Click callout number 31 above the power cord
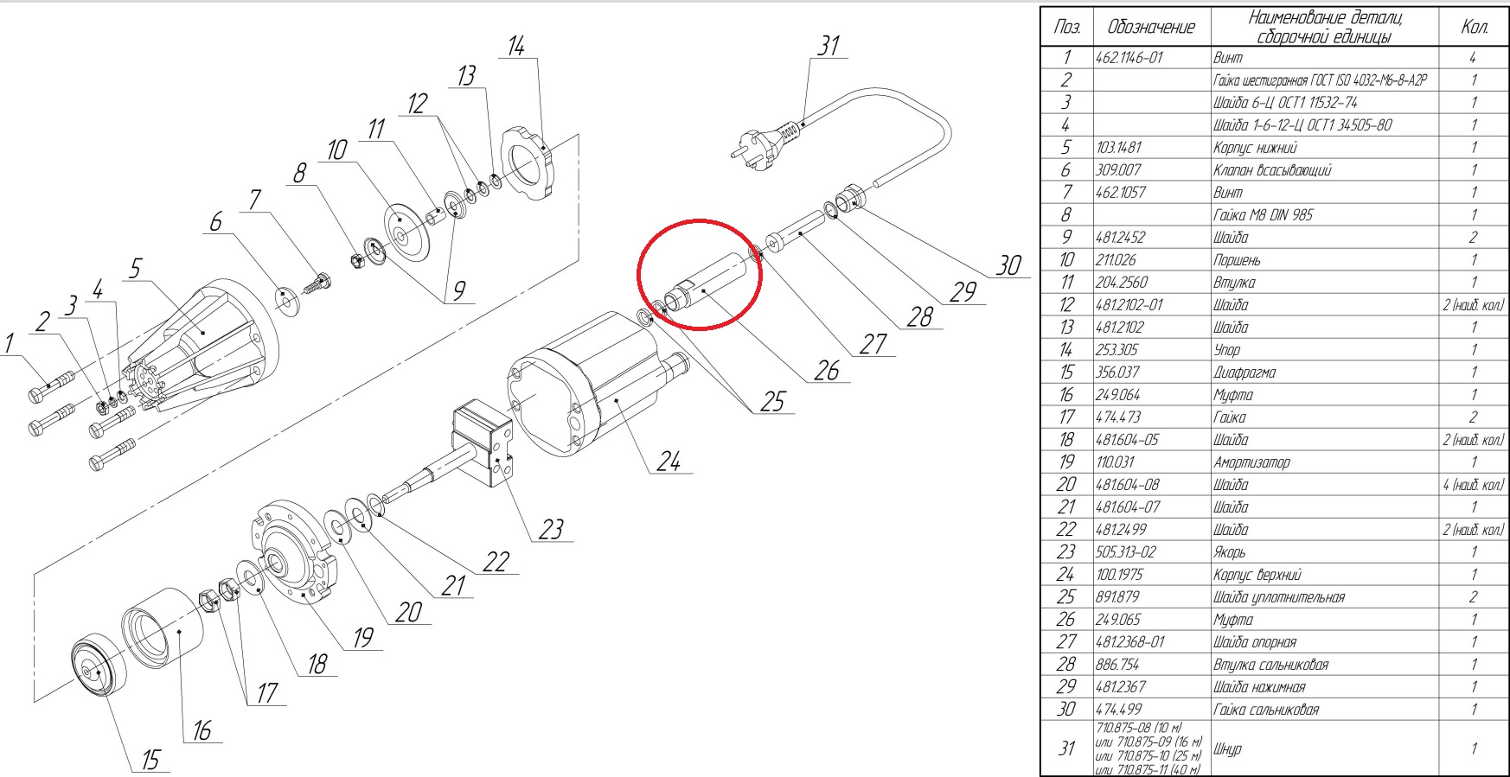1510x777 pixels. tap(829, 46)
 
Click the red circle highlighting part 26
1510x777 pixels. tap(699, 274)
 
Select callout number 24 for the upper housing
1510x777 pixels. tap(669, 462)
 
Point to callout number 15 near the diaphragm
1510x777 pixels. tap(151, 760)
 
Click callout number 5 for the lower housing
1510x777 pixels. tap(135, 269)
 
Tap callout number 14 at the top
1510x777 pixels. tap(515, 47)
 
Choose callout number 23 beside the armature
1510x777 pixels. tap(551, 529)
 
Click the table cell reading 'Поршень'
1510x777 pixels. tap(1237, 260)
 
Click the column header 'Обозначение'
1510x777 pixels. tap(1152, 28)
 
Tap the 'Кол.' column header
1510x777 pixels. tap(1475, 28)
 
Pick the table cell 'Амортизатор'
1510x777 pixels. tap(1251, 462)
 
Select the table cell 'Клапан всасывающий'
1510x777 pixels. tap(1272, 170)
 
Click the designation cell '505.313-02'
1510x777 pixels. tap(1125, 552)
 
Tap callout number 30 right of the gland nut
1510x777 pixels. tap(1008, 265)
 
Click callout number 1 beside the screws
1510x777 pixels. tap(10, 344)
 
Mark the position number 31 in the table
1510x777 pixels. tap(1066, 748)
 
